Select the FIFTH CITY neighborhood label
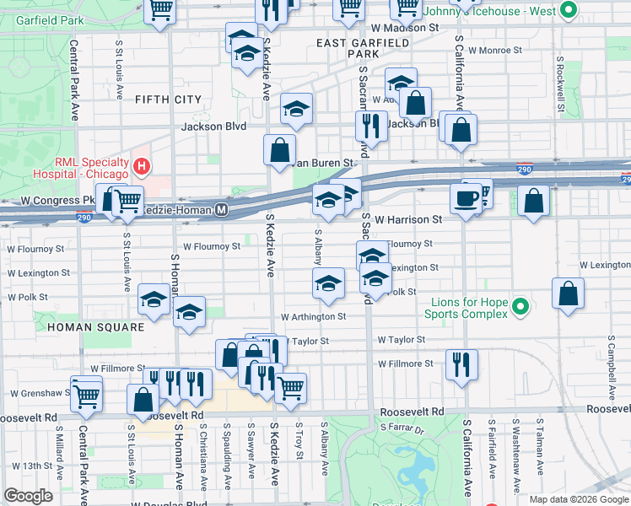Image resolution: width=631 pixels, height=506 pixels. tap(168, 100)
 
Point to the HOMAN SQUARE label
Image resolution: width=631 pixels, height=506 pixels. tap(85, 326)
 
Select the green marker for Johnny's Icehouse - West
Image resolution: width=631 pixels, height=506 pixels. tap(568, 11)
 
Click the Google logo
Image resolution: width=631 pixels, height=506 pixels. tap(28, 496)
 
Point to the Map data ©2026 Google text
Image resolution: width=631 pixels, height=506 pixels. tap(579, 499)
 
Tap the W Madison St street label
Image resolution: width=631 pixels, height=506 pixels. tap(405, 28)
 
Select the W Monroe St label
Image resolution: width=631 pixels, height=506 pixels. tap(496, 51)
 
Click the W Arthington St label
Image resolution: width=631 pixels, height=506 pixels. tap(313, 316)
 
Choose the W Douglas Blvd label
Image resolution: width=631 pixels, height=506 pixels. tap(169, 504)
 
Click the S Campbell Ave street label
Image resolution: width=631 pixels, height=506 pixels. tap(609, 371)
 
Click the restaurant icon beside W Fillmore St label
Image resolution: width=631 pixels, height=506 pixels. tap(461, 364)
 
